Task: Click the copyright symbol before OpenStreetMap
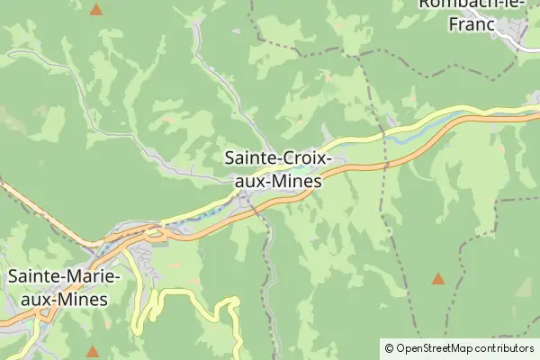coord(388,347)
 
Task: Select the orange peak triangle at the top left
coord(96,11)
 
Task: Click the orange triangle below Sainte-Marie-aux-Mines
coord(92,351)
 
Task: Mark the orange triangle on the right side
coord(437,279)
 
